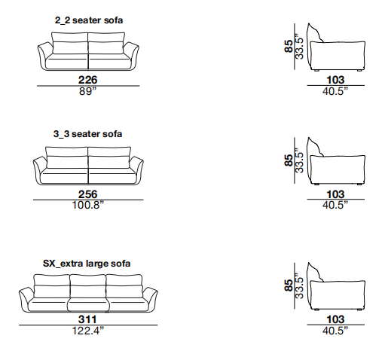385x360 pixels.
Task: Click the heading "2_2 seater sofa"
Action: click(x=89, y=20)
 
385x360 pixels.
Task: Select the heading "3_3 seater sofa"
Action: click(x=87, y=134)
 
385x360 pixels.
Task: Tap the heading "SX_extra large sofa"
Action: click(x=87, y=264)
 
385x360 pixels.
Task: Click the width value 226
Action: click(x=87, y=80)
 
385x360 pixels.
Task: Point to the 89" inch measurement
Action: click(x=87, y=91)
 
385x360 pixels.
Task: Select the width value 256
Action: click(x=87, y=194)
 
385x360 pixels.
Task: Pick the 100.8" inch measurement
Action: click(x=87, y=205)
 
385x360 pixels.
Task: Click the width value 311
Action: click(x=87, y=319)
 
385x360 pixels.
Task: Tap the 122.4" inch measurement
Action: click(x=87, y=331)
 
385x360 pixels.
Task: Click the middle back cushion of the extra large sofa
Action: click(x=88, y=286)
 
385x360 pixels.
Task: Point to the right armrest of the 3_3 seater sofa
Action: click(x=136, y=170)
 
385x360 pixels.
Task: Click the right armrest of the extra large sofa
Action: click(x=150, y=300)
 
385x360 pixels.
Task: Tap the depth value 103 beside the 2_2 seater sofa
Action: click(x=335, y=80)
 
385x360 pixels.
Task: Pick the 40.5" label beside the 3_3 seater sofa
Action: click(x=335, y=205)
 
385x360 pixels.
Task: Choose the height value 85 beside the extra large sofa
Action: click(x=289, y=285)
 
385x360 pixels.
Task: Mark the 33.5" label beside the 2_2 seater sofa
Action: click(x=299, y=46)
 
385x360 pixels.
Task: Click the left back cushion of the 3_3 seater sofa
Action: click(x=67, y=157)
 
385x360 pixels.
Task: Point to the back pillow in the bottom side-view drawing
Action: click(x=314, y=273)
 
